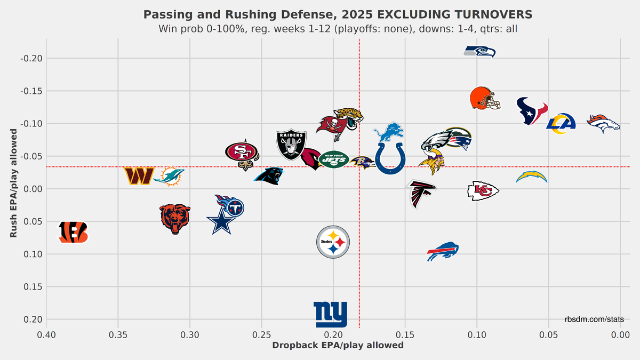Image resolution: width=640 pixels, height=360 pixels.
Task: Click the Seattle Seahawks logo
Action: click(479, 52)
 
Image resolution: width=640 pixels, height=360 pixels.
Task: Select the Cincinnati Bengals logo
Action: click(74, 233)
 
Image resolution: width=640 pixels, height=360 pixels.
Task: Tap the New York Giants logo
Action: click(331, 314)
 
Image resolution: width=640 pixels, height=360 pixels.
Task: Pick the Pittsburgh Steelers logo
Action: click(333, 242)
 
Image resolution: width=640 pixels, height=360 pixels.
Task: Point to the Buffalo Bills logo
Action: click(443, 251)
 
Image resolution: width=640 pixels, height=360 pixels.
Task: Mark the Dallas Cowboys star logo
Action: click(221, 221)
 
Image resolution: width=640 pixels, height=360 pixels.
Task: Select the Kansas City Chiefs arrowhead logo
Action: click(483, 190)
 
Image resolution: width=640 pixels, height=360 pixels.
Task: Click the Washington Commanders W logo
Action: click(139, 176)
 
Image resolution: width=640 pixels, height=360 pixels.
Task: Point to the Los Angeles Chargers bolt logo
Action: click(532, 177)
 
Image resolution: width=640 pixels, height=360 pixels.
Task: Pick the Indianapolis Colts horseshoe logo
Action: click(390, 158)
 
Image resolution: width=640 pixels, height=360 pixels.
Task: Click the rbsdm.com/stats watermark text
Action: click(594, 319)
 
